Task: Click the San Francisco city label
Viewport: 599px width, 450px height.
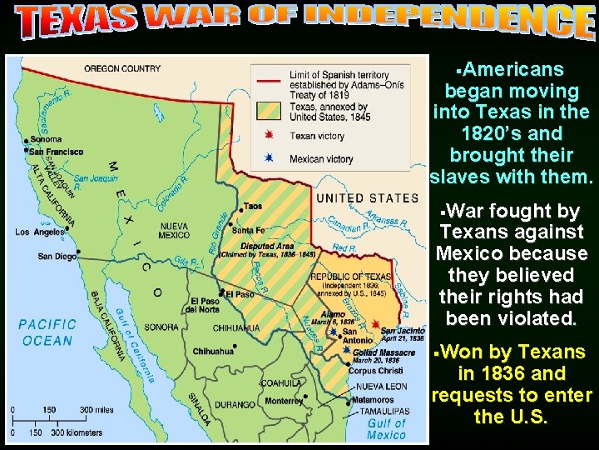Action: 56,152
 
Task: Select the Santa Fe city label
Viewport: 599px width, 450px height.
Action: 249,230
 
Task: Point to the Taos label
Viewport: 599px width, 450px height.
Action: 252,206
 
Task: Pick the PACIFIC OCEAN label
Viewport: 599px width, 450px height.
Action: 48,332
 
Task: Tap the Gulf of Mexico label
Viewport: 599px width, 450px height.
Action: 386,428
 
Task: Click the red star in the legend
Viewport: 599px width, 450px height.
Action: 268,135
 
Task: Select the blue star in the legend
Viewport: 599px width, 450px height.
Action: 268,158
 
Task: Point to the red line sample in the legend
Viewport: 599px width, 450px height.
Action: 268,80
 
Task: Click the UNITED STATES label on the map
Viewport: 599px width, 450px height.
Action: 367,198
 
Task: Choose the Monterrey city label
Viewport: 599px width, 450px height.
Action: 285,401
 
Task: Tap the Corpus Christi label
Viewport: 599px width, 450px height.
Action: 376,369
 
